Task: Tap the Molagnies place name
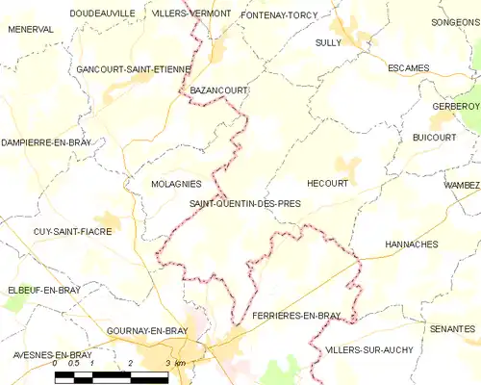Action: [176, 183]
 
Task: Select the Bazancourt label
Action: [219, 90]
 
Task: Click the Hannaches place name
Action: [411, 245]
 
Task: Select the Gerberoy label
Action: [455, 106]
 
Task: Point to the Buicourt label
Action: [434, 138]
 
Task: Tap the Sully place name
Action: [328, 43]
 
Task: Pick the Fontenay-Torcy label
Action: [279, 16]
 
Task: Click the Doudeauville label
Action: [102, 13]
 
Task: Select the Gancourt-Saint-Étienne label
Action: [134, 70]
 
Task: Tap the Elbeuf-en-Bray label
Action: [44, 289]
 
